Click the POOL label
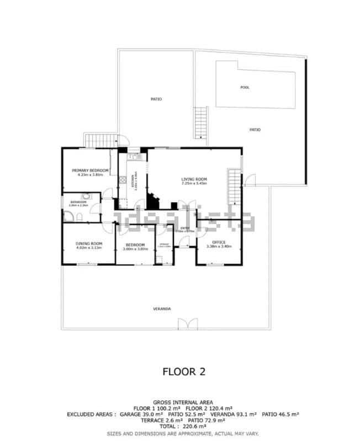point(245,87)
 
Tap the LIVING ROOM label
point(194,179)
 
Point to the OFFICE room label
point(219,242)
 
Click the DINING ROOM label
point(89,243)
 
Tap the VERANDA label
point(162,309)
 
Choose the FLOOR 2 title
point(183,371)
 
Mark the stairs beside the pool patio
point(200,122)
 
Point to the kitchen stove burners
point(122,180)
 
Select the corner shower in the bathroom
point(87,198)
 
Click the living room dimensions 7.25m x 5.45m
point(194,183)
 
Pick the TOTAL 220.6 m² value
point(183,426)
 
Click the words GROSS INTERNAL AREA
point(183,402)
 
